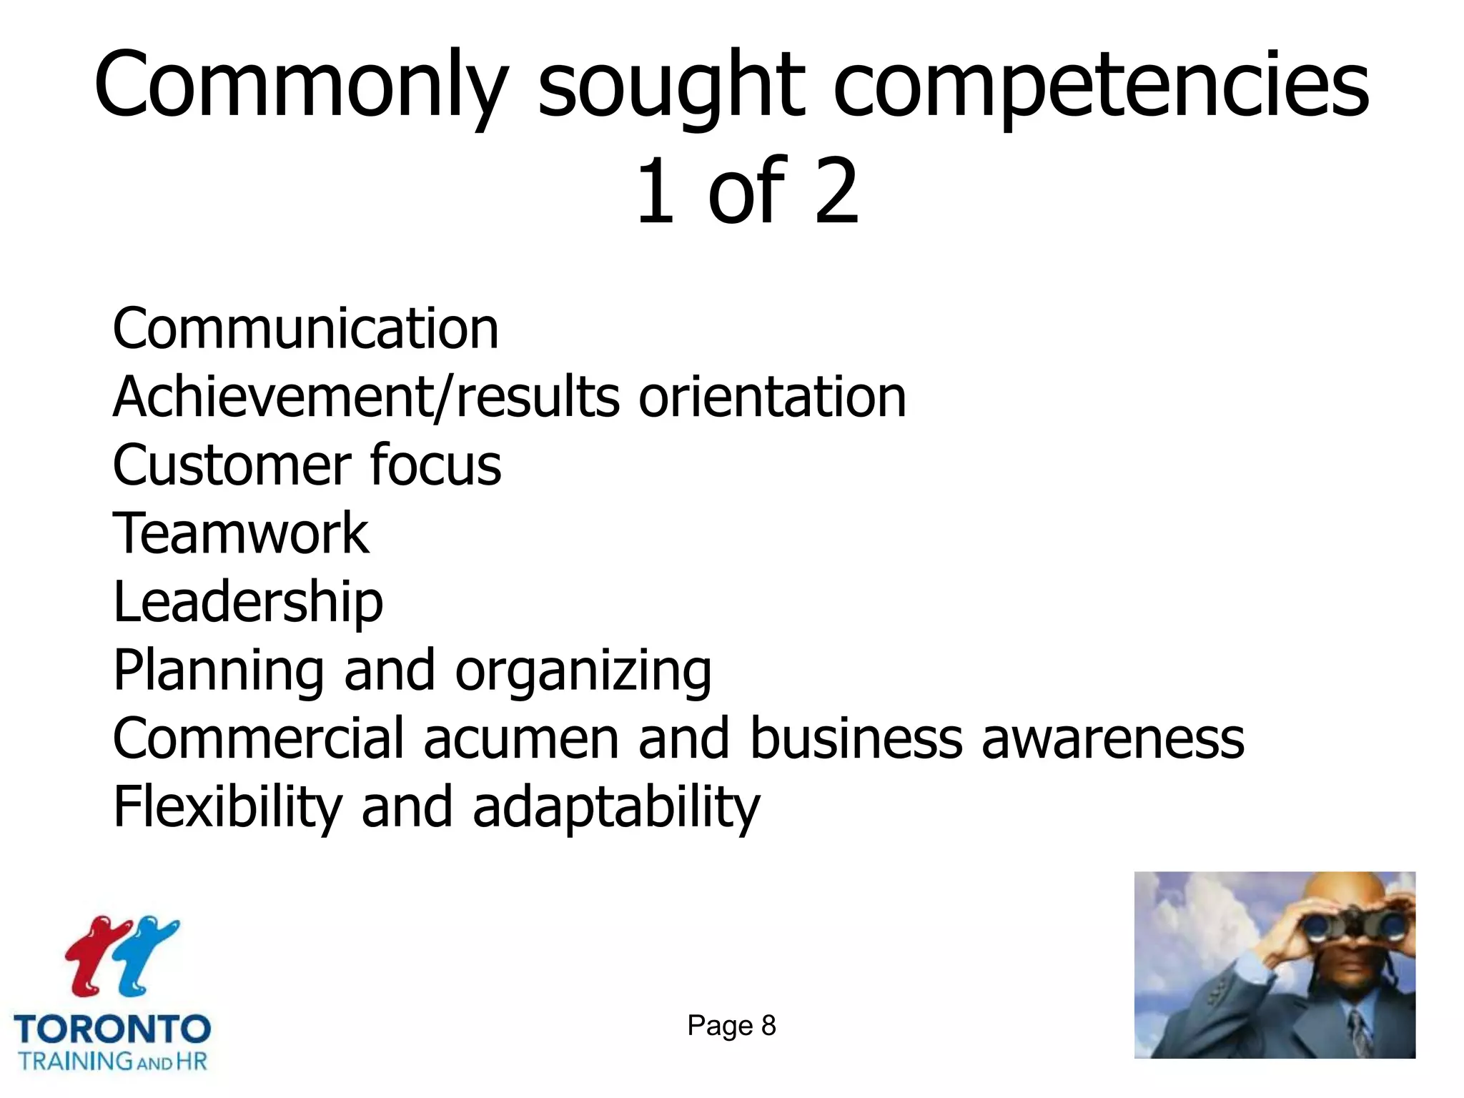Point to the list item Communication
305,329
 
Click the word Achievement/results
366,397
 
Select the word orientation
772,397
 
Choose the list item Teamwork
241,533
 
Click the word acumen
520,738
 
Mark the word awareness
1112,738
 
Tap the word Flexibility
228,806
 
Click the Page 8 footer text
731,1026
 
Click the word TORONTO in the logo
112,1029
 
